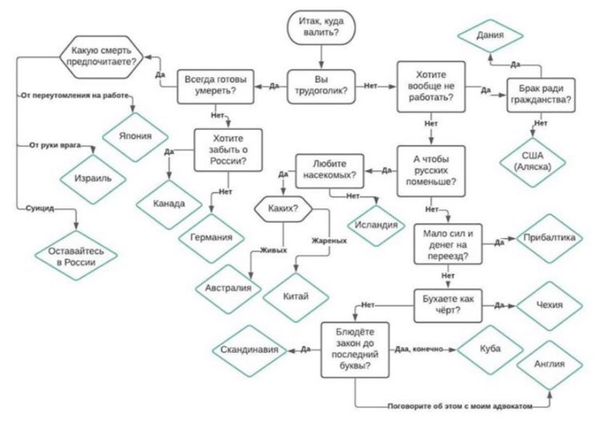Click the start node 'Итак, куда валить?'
click(321, 27)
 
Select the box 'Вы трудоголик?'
click(321, 86)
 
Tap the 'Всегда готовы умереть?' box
click(215, 86)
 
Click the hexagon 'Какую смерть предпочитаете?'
click(102, 57)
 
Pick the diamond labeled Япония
click(135, 136)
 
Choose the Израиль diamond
click(93, 178)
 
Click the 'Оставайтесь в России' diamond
click(75, 255)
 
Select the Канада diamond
click(169, 204)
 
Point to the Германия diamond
click(211, 238)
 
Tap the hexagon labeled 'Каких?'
click(283, 209)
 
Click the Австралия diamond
click(229, 288)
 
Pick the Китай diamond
click(296, 297)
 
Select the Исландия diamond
click(377, 225)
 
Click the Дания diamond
click(490, 36)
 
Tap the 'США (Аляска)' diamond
click(533, 162)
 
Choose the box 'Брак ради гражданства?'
click(541, 95)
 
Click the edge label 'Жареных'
click(329, 241)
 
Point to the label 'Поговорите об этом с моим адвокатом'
click(460, 406)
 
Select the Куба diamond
click(490, 349)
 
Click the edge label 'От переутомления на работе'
click(75, 95)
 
